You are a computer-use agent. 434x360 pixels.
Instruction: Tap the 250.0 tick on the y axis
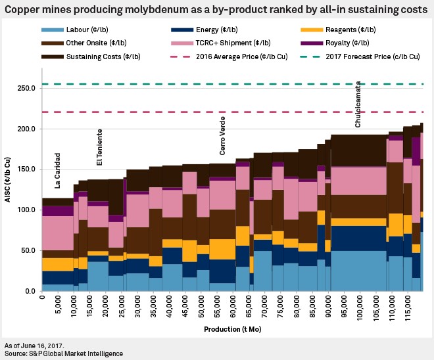[26, 88]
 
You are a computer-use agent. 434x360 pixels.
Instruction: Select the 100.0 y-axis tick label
[26, 210]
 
